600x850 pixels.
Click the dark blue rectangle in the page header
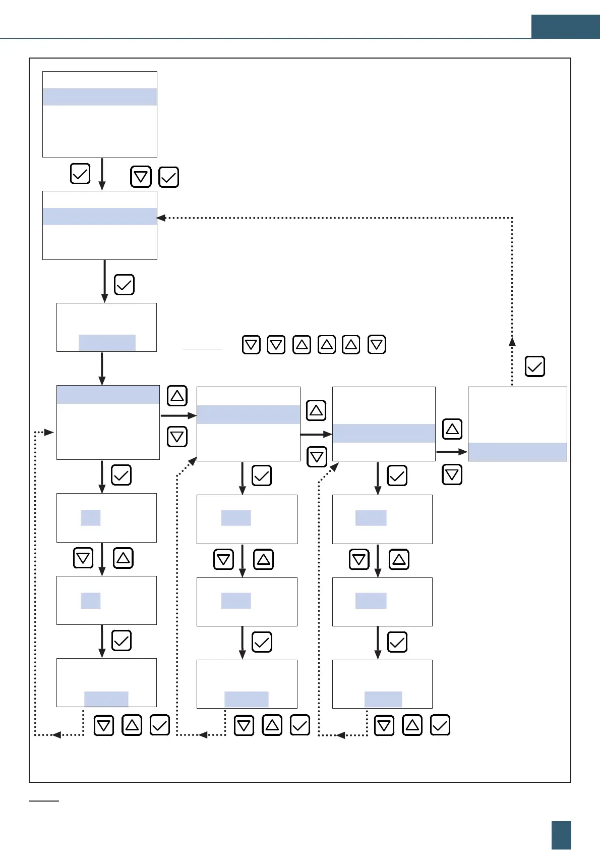point(565,27)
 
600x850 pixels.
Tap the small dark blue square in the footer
point(561,835)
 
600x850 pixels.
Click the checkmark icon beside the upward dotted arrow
point(534,366)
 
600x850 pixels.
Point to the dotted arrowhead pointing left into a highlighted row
point(161,218)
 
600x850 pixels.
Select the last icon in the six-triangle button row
point(377,345)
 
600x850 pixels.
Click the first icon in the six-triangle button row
point(251,345)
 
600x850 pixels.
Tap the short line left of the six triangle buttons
point(202,349)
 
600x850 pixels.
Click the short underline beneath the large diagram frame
point(44,801)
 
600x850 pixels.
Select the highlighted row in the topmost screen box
point(100,97)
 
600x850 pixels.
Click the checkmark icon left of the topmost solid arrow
point(80,174)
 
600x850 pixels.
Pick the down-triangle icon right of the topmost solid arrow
point(141,177)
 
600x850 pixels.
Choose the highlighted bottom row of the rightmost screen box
point(517,452)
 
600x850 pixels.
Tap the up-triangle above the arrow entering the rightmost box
point(452,429)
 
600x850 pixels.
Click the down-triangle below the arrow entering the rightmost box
point(452,475)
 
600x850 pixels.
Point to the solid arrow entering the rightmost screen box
point(452,452)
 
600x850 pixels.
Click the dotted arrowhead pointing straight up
point(512,341)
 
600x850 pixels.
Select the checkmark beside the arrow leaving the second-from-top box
point(124,285)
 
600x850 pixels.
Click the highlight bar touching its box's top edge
point(108,395)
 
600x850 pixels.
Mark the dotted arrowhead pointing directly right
point(49,432)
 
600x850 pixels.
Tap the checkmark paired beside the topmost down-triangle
point(168,177)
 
